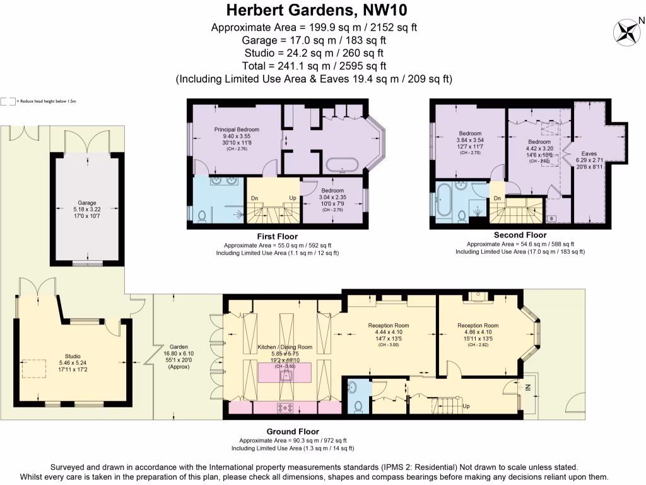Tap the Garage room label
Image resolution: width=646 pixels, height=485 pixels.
[x=88, y=207]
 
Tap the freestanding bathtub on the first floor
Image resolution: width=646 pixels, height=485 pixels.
[x=343, y=166]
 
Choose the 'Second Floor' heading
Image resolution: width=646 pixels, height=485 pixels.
[x=520, y=235]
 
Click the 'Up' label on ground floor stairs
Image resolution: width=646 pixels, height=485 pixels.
[x=466, y=405]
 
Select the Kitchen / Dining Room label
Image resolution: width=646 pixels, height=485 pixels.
[x=285, y=347]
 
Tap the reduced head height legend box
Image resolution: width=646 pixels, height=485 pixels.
[x=8, y=101]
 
